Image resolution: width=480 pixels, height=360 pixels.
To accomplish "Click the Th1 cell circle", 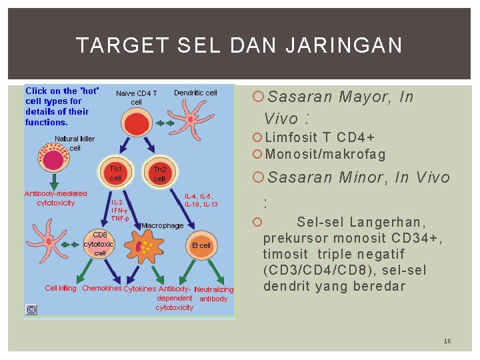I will (x=115, y=173).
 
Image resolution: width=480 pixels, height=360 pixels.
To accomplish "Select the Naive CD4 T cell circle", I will (x=136, y=124).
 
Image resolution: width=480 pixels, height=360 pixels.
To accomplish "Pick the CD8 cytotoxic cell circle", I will (x=99, y=244).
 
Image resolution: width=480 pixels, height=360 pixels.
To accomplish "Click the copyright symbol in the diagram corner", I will (x=31, y=309).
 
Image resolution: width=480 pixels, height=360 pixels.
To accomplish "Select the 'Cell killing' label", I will (x=60, y=288).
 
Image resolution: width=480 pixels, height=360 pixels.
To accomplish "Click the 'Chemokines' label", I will (x=101, y=288).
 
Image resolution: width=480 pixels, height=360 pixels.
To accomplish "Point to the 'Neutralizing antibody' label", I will (x=213, y=294).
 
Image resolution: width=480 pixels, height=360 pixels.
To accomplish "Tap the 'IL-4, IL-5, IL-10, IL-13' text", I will (x=201, y=200).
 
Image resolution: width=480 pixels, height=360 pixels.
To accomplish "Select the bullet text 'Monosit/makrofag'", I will (x=325, y=155).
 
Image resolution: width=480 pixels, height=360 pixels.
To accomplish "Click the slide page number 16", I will (x=447, y=341).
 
